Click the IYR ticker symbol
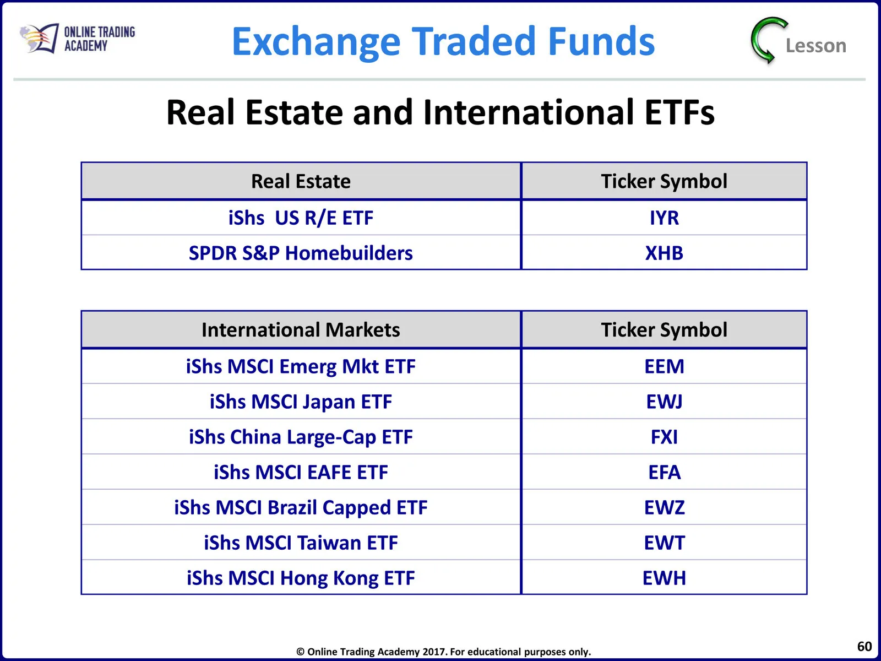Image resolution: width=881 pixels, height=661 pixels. (664, 218)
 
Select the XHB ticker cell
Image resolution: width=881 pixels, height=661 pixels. (664, 253)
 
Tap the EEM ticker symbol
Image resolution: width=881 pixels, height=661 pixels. (664, 366)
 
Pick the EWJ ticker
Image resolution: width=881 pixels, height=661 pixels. (664, 402)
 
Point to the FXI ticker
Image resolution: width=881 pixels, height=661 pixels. (664, 437)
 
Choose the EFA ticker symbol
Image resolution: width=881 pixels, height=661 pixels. (664, 472)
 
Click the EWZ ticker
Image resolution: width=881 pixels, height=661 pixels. (664, 507)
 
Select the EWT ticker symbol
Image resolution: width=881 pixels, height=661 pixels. (664, 543)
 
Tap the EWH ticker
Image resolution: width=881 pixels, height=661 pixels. (664, 578)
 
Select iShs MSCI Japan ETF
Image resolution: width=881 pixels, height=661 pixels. (301, 402)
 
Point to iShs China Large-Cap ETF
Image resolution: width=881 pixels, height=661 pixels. (301, 437)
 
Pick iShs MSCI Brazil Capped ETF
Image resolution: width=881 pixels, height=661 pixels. (301, 508)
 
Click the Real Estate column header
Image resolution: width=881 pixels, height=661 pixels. (301, 181)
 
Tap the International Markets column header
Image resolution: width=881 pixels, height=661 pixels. (301, 329)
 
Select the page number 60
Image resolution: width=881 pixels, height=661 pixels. (864, 646)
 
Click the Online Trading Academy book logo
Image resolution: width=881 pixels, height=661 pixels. (39, 38)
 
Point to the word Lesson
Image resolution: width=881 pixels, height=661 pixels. (816, 46)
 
